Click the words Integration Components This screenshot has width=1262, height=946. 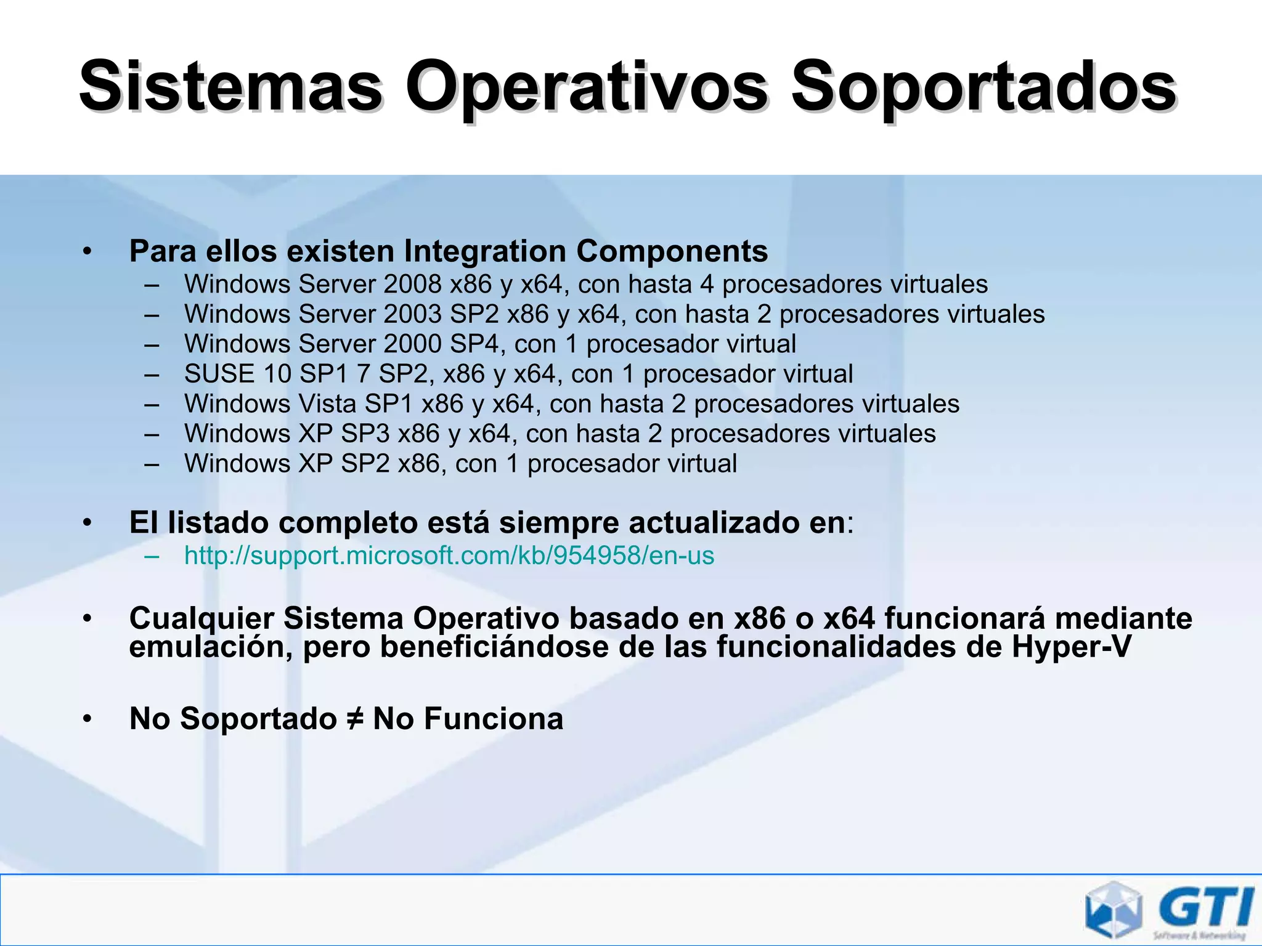tap(585, 251)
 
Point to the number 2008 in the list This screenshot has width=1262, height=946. tap(412, 285)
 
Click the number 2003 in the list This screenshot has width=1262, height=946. tap(412, 315)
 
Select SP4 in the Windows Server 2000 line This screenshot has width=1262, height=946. tap(474, 344)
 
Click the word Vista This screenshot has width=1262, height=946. tap(327, 404)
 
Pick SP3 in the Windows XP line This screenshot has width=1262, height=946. tap(365, 434)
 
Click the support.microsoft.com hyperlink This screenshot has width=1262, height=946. tap(449, 556)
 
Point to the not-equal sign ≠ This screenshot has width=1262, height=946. tap(355, 719)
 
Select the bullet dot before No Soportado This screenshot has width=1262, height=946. tap(88, 719)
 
